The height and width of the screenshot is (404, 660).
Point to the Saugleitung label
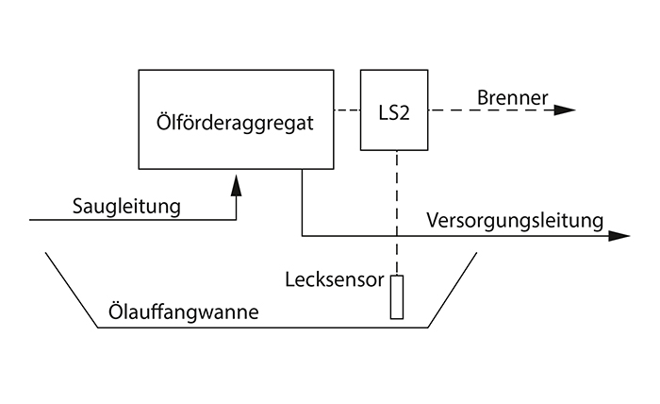coord(125,205)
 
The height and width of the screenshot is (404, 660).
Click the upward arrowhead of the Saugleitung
coord(236,187)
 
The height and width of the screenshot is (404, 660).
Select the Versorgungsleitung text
coord(514,222)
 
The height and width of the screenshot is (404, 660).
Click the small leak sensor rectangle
coord(397,297)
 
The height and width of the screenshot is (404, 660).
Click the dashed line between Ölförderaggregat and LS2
coord(348,110)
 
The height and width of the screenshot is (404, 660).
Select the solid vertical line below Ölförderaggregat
coord(302,203)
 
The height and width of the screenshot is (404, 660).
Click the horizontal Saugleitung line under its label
coord(132,220)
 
